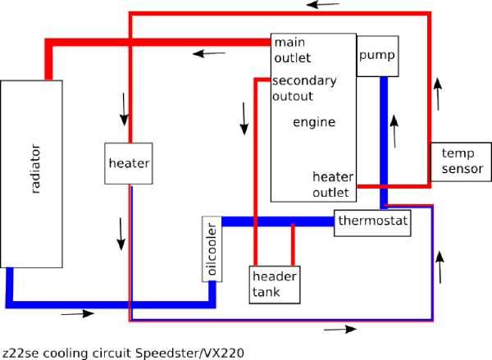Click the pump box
(378, 56)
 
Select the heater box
(129, 163)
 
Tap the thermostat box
(372, 222)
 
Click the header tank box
(275, 285)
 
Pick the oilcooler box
(212, 249)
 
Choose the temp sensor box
(461, 162)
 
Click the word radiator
(36, 169)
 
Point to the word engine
(314, 122)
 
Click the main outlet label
(293, 50)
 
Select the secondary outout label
(304, 89)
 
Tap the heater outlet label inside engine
(333, 185)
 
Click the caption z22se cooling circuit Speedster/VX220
(123, 353)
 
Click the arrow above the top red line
(323, 5)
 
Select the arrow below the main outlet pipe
(209, 53)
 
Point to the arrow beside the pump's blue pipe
(394, 131)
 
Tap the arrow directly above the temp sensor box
(438, 94)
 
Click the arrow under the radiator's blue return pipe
(78, 313)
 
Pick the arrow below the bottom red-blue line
(340, 329)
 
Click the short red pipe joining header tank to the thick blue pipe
(293, 245)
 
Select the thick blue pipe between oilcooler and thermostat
(278, 221)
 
